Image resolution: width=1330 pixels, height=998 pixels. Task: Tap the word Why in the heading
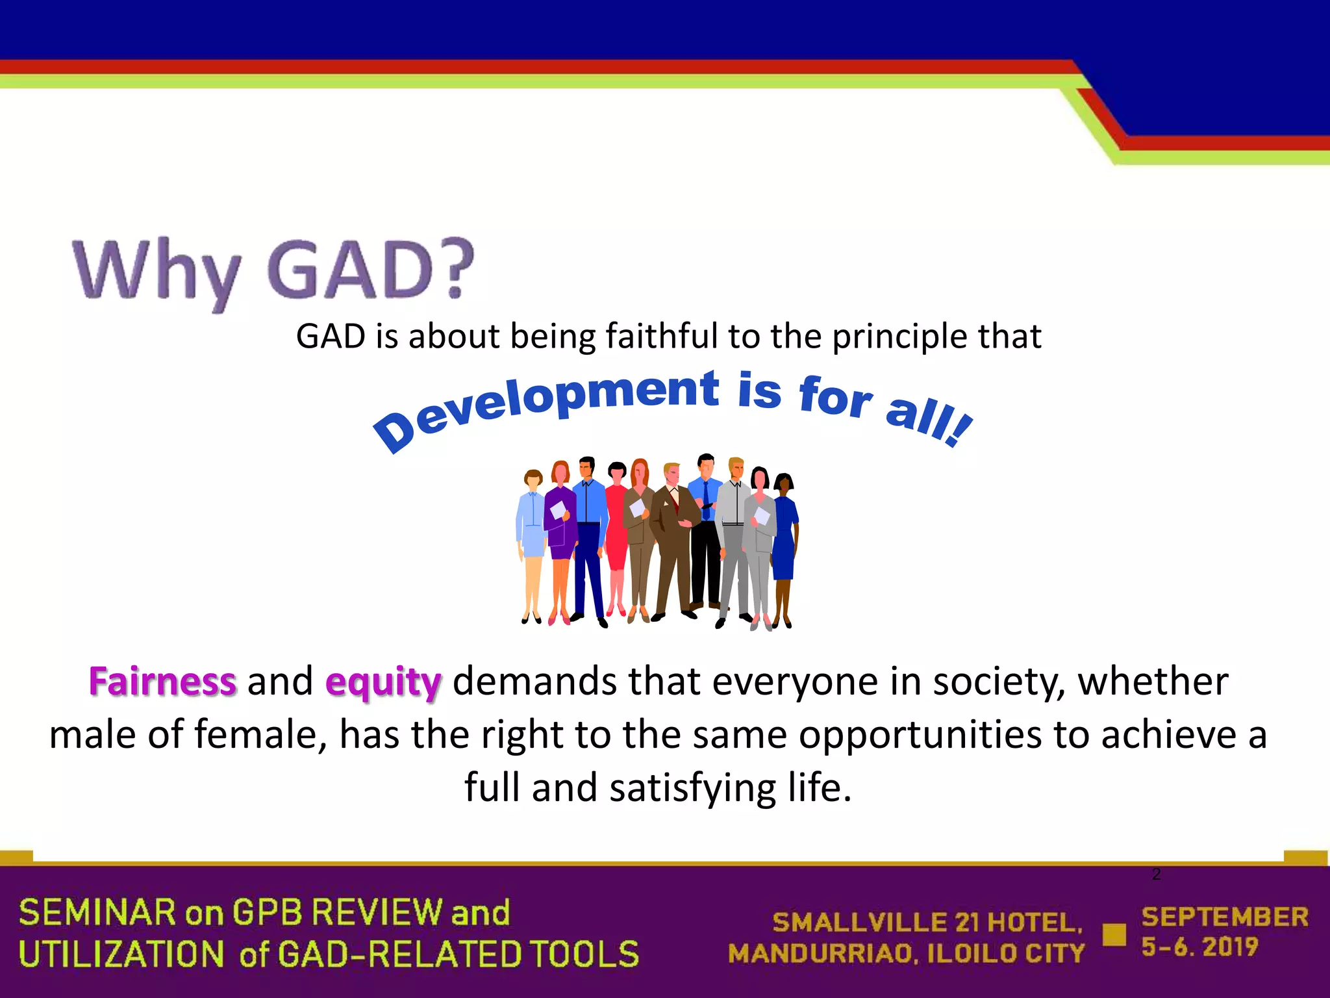click(156, 273)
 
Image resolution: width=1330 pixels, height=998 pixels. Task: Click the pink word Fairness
click(162, 682)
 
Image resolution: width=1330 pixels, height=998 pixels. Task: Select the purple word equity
click(383, 684)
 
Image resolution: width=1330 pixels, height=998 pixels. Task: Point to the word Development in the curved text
click(546, 403)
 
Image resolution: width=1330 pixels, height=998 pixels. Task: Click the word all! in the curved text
click(929, 422)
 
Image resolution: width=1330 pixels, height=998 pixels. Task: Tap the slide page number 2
click(1156, 875)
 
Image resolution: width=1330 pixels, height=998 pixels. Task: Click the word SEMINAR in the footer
click(97, 912)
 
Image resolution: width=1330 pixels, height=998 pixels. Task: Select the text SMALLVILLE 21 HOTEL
click(927, 923)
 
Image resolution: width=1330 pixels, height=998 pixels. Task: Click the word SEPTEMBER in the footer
click(1225, 917)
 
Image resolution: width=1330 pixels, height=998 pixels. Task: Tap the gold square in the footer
click(1114, 935)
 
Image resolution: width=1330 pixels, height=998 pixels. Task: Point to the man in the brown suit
click(673, 539)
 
